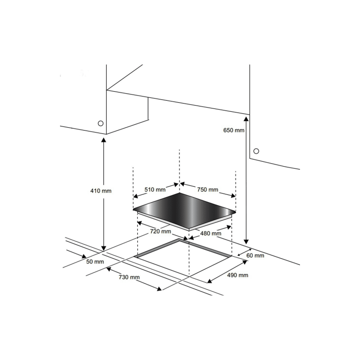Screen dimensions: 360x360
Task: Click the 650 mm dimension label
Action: pyautogui.click(x=234, y=130)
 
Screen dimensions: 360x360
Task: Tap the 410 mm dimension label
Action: pyautogui.click(x=101, y=191)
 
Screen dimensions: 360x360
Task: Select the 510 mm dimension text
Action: pyautogui.click(x=155, y=189)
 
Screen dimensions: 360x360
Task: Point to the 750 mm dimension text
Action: pyautogui.click(x=207, y=189)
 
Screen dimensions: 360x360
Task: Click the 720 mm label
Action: pyautogui.click(x=161, y=231)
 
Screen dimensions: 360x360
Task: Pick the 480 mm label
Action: pyautogui.click(x=211, y=234)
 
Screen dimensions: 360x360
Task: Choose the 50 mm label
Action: pyautogui.click(x=95, y=262)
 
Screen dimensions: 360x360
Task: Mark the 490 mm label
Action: pyautogui.click(x=238, y=275)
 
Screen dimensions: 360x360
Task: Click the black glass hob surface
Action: pyautogui.click(x=185, y=209)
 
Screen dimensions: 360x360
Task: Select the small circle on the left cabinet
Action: pyautogui.click(x=101, y=123)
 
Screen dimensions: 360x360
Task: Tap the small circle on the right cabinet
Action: pyautogui.click(x=256, y=151)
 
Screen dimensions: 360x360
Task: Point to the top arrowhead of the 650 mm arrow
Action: pyautogui.click(x=247, y=117)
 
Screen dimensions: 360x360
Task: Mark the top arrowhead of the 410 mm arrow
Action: pyautogui.click(x=103, y=140)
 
